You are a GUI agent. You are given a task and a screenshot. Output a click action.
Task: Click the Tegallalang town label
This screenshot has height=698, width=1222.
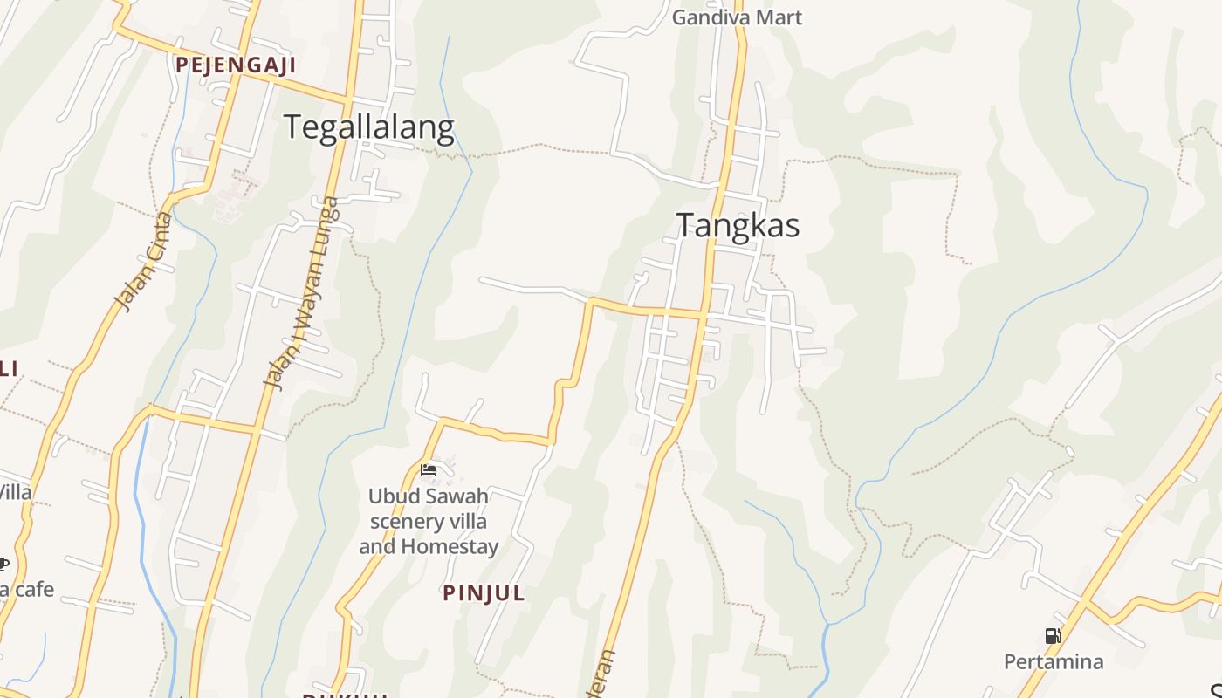(368, 128)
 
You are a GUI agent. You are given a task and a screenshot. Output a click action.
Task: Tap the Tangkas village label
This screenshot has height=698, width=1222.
(738, 226)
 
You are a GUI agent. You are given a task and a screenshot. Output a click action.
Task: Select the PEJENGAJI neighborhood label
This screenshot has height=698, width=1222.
(236, 65)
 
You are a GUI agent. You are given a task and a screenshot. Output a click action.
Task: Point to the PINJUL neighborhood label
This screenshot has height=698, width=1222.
(484, 593)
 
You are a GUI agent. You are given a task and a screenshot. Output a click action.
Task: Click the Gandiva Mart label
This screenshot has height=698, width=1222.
(737, 17)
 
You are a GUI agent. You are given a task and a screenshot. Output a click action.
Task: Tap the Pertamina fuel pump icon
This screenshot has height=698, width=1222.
(1053, 636)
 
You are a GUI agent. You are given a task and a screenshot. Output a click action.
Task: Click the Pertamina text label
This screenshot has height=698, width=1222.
(1053, 661)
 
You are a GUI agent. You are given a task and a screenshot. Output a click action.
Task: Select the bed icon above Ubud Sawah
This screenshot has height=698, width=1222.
(429, 470)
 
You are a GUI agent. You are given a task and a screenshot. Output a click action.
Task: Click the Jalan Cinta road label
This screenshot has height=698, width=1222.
(144, 262)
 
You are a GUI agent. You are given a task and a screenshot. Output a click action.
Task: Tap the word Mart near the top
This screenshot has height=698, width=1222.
(779, 17)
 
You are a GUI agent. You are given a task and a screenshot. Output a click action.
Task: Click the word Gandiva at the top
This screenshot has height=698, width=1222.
(711, 17)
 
